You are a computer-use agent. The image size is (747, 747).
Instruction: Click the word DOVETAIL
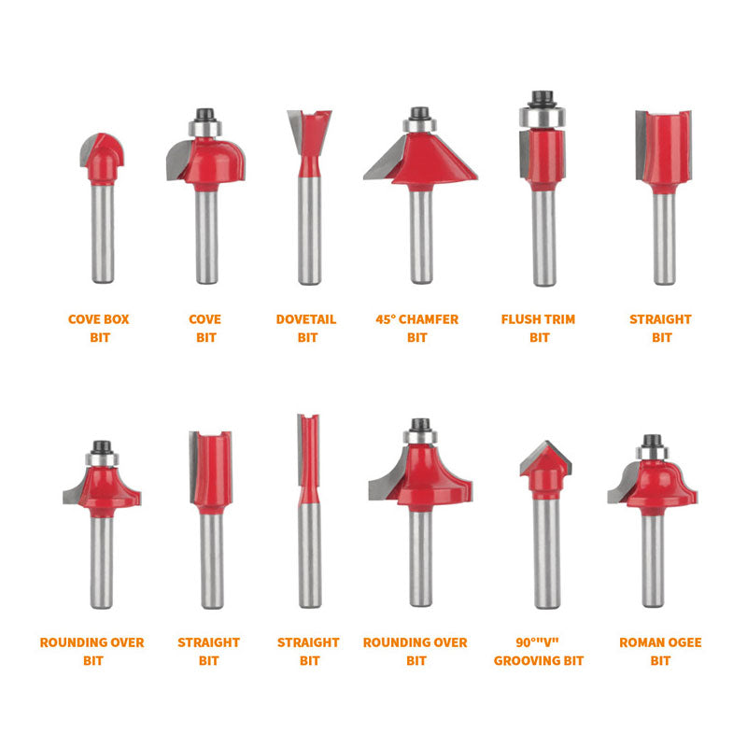point(306,319)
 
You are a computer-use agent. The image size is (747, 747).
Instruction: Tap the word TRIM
point(561,319)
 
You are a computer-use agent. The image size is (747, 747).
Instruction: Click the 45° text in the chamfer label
point(386,319)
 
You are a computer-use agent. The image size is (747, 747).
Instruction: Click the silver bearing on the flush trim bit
point(543,118)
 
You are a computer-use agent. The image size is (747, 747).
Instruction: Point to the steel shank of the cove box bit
point(103,233)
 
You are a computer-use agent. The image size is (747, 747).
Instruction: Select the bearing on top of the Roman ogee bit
point(652,453)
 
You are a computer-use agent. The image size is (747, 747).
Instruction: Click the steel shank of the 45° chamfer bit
point(422,236)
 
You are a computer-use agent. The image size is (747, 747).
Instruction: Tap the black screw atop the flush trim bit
point(543,99)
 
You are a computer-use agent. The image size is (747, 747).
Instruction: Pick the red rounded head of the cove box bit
point(103,158)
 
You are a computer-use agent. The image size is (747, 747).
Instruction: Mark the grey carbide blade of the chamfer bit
point(385,158)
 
